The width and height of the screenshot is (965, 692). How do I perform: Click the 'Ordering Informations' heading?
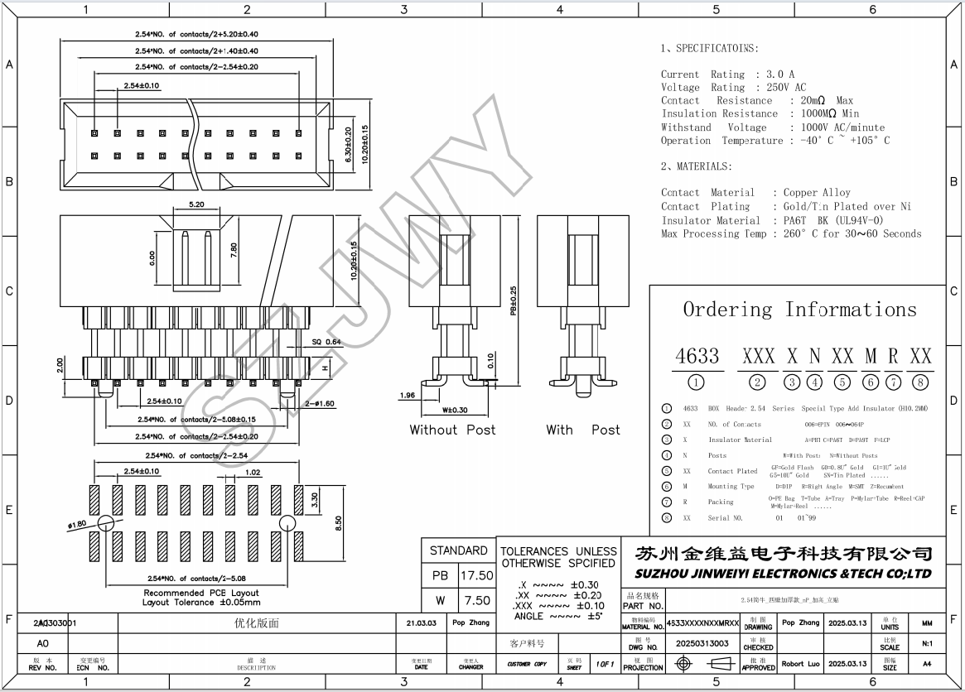point(799,310)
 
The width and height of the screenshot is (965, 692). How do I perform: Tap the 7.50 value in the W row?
point(476,601)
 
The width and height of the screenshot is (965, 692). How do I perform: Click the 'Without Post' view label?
point(452,430)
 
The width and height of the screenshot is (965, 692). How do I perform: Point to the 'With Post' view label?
point(582,430)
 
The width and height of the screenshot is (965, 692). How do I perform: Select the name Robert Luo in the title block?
point(802,663)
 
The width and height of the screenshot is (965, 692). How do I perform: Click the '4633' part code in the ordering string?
point(697,356)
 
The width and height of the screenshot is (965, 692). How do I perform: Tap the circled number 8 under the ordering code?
point(920,382)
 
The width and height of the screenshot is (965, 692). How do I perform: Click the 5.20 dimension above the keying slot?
point(196,204)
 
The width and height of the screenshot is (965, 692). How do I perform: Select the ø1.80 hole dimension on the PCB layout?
point(77,525)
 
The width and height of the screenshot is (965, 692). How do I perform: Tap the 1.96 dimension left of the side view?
point(407,395)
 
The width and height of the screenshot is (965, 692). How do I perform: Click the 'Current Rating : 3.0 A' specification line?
point(727,74)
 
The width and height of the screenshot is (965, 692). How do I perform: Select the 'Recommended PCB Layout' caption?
point(201,593)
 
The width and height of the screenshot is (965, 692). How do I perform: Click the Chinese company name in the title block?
point(783,553)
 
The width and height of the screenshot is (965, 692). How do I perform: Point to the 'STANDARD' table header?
point(458,550)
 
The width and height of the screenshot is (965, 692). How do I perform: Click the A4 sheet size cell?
point(927,663)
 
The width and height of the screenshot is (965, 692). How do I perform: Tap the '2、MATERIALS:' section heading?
point(696,166)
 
